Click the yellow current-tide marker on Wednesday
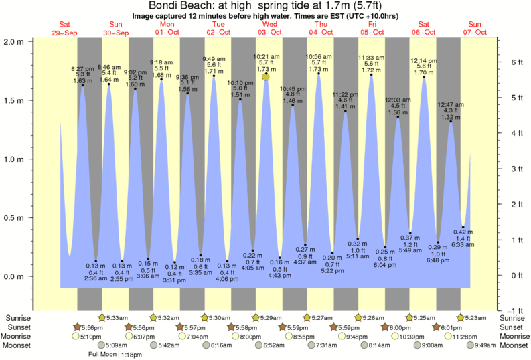266,77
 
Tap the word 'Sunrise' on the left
19,317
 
